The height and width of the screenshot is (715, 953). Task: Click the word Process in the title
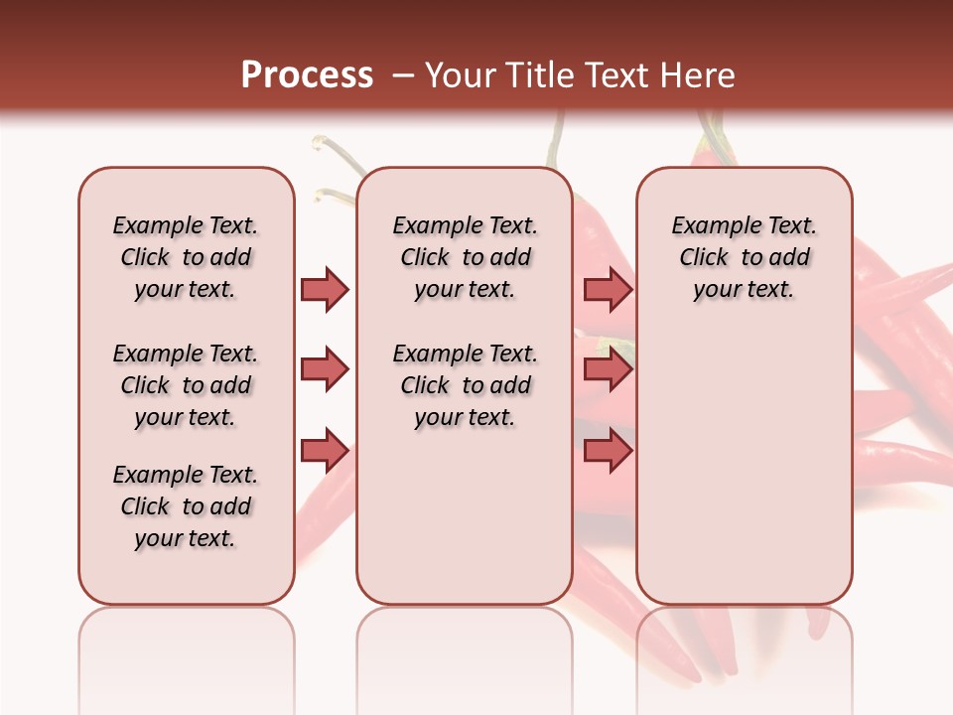(307, 75)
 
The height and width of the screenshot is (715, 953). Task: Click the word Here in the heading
(698, 75)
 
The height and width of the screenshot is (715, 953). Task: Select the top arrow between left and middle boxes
(325, 289)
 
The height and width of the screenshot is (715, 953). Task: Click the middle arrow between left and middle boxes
(325, 369)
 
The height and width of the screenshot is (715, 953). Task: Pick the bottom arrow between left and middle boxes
(325, 450)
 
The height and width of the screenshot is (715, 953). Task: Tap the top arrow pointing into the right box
(608, 289)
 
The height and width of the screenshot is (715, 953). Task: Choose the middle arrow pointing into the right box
(608, 369)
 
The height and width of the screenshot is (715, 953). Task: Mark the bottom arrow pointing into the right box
(608, 450)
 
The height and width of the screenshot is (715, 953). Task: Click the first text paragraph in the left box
(186, 257)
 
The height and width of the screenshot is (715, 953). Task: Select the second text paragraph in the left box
(186, 385)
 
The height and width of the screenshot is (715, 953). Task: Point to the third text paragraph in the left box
(186, 506)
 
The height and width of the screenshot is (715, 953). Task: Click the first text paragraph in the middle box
(465, 257)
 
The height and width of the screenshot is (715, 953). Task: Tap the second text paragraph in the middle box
(465, 385)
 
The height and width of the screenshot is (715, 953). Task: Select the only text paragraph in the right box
(744, 257)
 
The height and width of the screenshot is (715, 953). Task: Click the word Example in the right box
(709, 226)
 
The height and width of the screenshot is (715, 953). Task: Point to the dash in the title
(403, 75)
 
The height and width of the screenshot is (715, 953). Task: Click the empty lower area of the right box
(744, 467)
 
